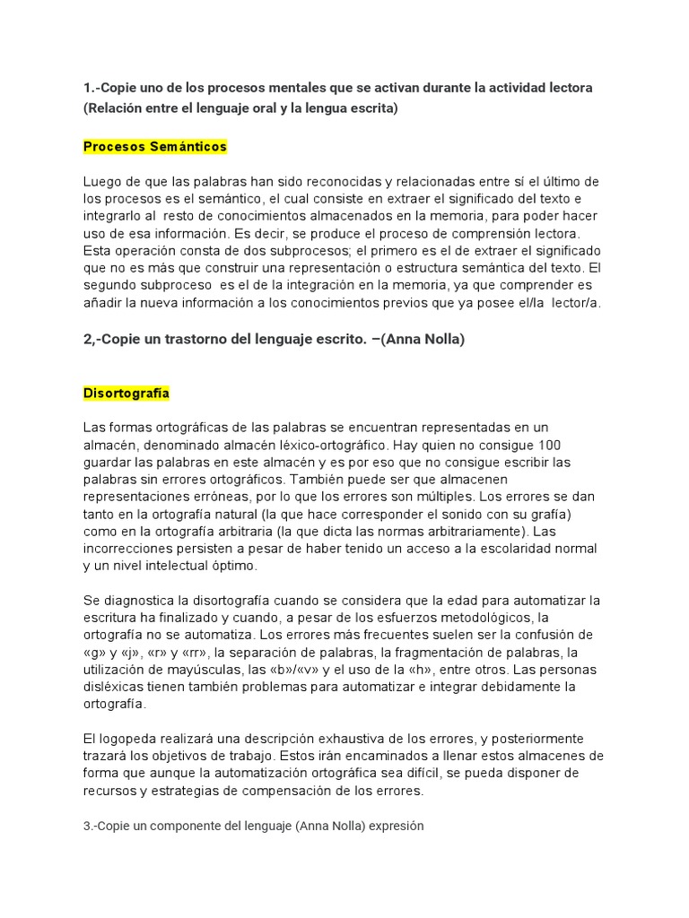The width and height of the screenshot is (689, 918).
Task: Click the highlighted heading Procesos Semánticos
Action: pos(154,146)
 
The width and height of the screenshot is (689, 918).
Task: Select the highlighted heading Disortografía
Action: pos(126,394)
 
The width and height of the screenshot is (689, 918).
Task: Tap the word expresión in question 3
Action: pos(394,827)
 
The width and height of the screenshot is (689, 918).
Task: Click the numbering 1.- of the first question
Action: pos(92,88)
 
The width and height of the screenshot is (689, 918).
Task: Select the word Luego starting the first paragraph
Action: pos(102,182)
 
